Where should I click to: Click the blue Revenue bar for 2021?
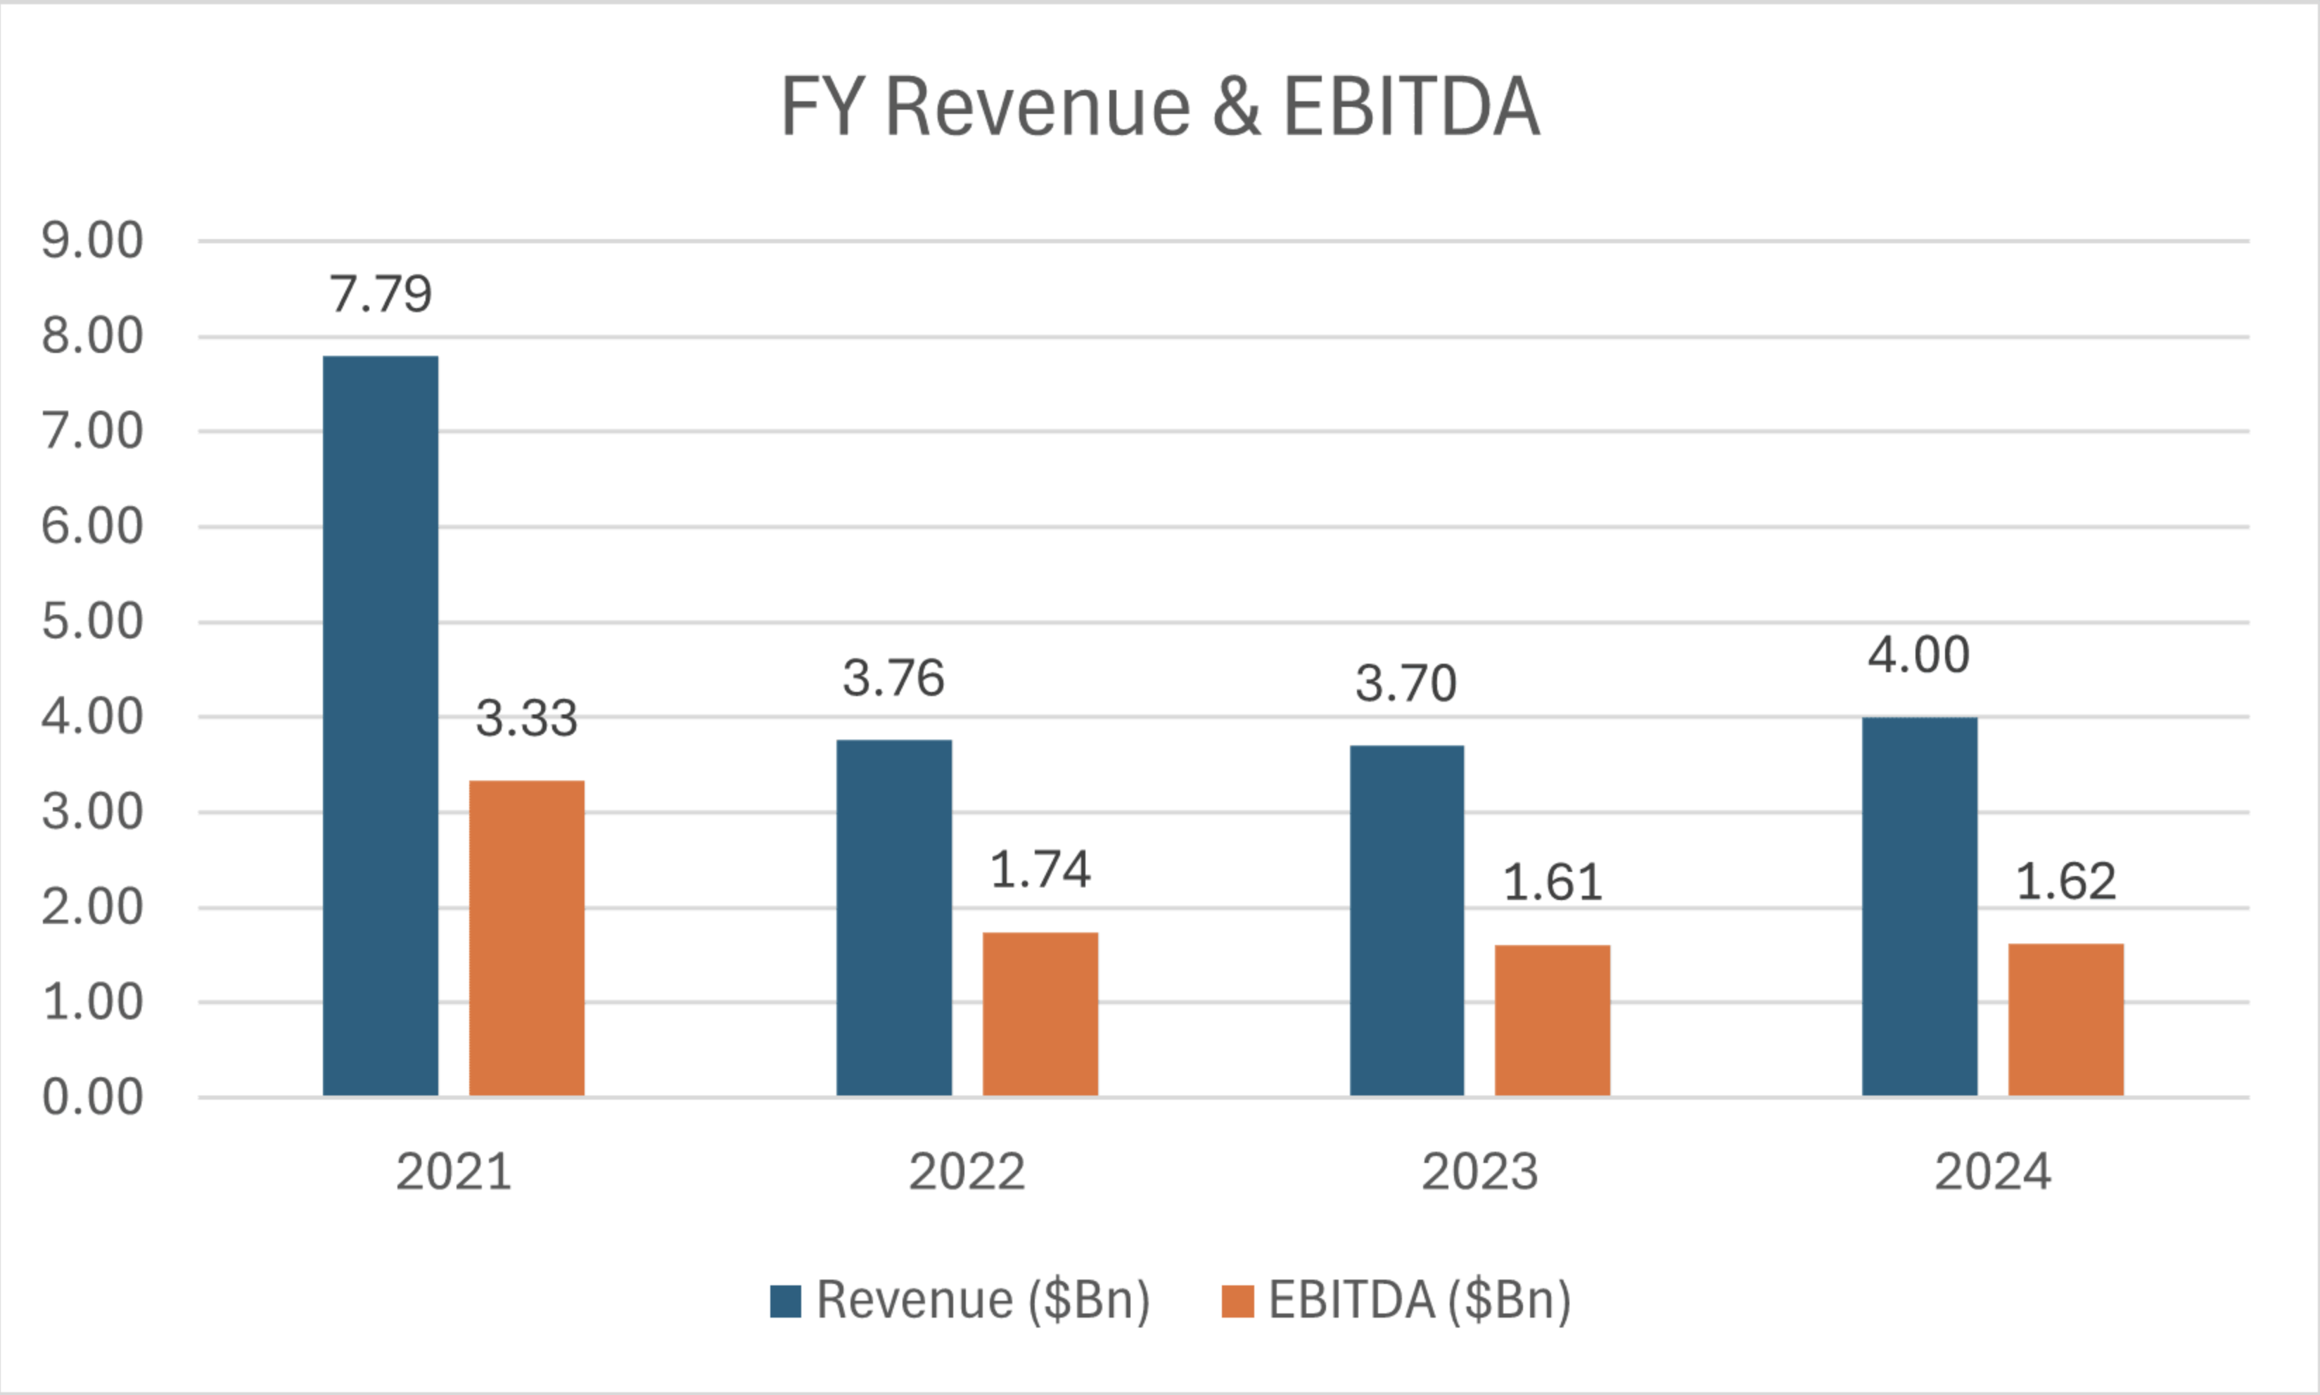pyautogui.click(x=380, y=725)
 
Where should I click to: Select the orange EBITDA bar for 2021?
pyautogui.click(x=527, y=937)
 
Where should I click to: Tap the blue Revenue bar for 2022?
pyautogui.click(x=893, y=918)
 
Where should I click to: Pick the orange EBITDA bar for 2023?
pyautogui.click(x=1553, y=1020)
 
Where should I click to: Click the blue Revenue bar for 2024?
pyautogui.click(x=1920, y=906)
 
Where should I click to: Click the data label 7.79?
pyautogui.click(x=380, y=294)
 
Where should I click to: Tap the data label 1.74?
pyautogui.click(x=1040, y=870)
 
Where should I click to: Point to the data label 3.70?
pyautogui.click(x=1406, y=683)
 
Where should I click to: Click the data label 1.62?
pyautogui.click(x=2066, y=882)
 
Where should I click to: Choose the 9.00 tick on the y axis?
pyautogui.click(x=92, y=240)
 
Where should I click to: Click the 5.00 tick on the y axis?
pyautogui.click(x=92, y=622)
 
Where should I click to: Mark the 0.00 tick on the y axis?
pyautogui.click(x=92, y=1097)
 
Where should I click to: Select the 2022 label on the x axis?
pyautogui.click(x=966, y=1172)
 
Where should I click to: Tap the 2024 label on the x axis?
pyautogui.click(x=1991, y=1172)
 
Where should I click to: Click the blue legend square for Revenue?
pyautogui.click(x=785, y=1301)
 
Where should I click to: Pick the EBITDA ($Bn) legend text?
pyautogui.click(x=1419, y=1301)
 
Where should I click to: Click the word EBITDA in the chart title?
pyautogui.click(x=1410, y=107)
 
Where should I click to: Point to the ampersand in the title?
pyautogui.click(x=1236, y=107)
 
